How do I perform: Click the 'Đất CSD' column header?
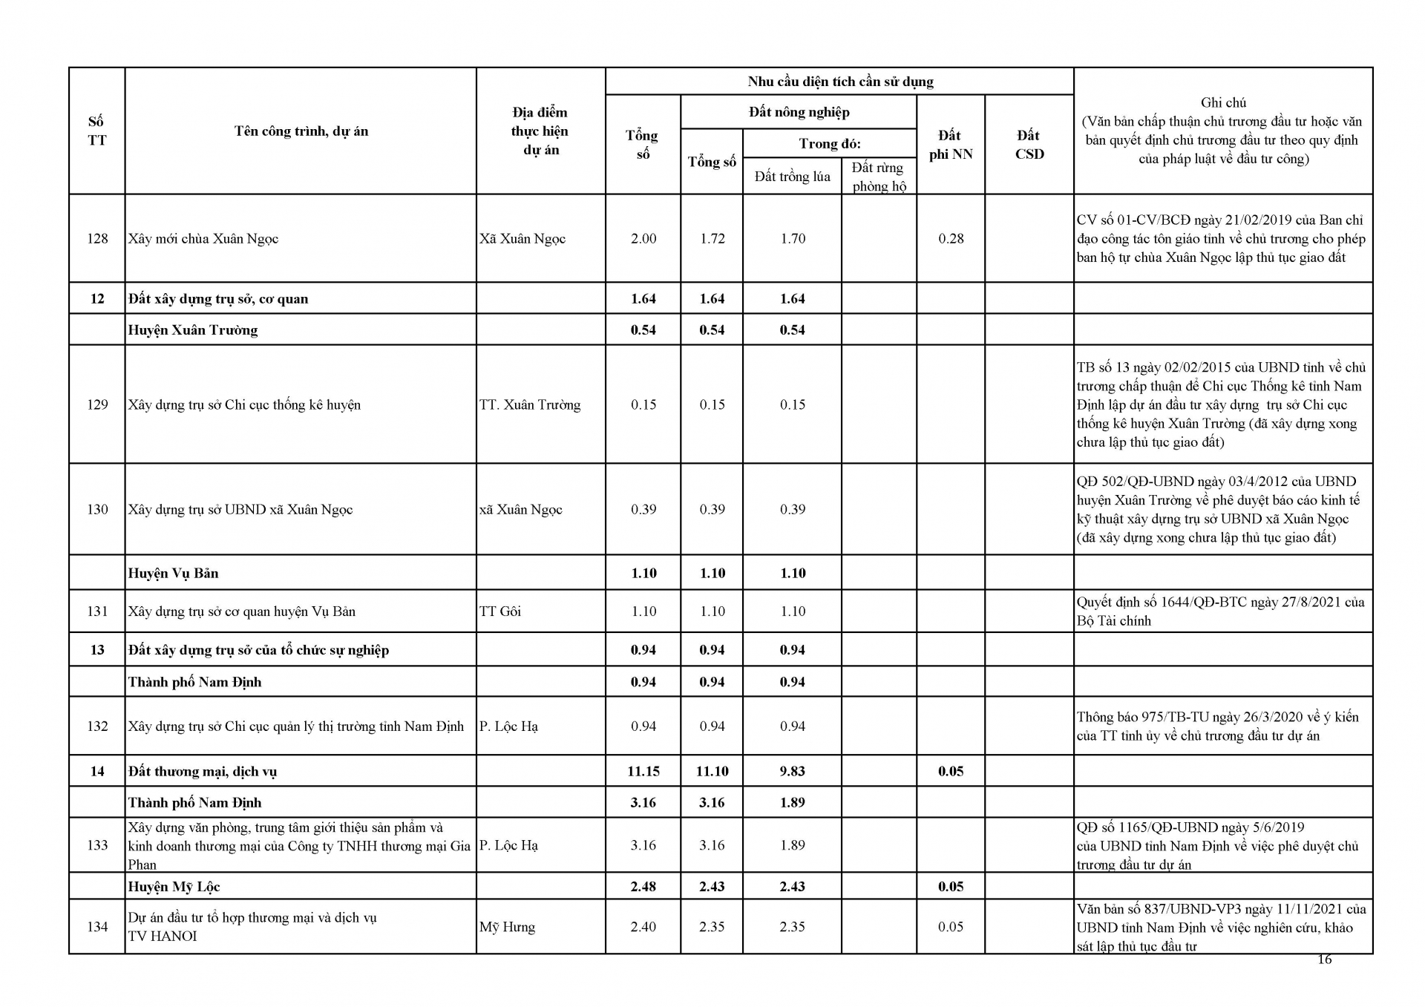pos(1029,145)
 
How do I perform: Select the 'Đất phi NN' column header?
pos(950,145)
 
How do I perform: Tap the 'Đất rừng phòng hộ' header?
pos(879,177)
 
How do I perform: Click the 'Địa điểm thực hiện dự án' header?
pos(540,131)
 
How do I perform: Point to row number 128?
pos(97,238)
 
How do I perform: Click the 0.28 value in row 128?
pos(951,238)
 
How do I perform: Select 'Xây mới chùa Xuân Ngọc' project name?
pos(203,238)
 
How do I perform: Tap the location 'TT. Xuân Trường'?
pos(530,404)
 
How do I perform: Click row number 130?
pos(97,509)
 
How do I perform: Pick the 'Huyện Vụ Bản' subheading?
pos(173,573)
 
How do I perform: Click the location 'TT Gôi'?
pos(500,611)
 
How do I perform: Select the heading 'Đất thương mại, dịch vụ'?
pos(202,771)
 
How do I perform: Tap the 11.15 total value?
pos(643,771)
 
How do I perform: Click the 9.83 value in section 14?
pos(792,771)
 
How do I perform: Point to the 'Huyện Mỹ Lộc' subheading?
pos(174,886)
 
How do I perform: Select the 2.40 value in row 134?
pos(643,927)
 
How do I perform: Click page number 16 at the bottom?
pos(1324,960)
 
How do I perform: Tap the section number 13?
pos(97,650)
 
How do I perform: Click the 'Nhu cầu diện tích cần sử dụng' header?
pos(840,82)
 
